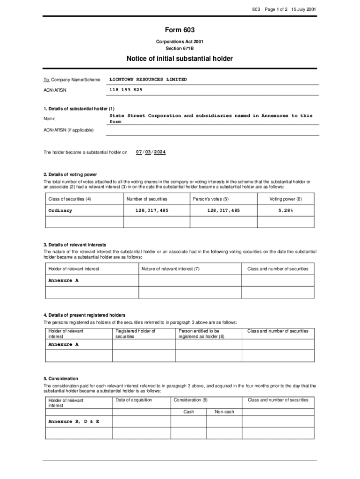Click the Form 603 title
pos(180,30)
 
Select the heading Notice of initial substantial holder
pos(180,58)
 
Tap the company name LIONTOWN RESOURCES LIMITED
pos(148,80)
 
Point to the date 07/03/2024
pos(151,152)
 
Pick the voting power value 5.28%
pos(285,210)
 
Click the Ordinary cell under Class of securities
pos(60,210)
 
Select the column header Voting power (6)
pos(285,199)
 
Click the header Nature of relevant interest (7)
pos(171,269)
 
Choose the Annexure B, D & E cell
pos(74,421)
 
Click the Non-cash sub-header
pos(224,412)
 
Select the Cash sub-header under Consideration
pos(189,412)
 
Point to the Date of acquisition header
pos(134,400)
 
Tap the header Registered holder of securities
pos(135,334)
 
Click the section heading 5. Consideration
pos(61,378)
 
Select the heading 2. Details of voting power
pos(70,174)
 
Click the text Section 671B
pos(180,48)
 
